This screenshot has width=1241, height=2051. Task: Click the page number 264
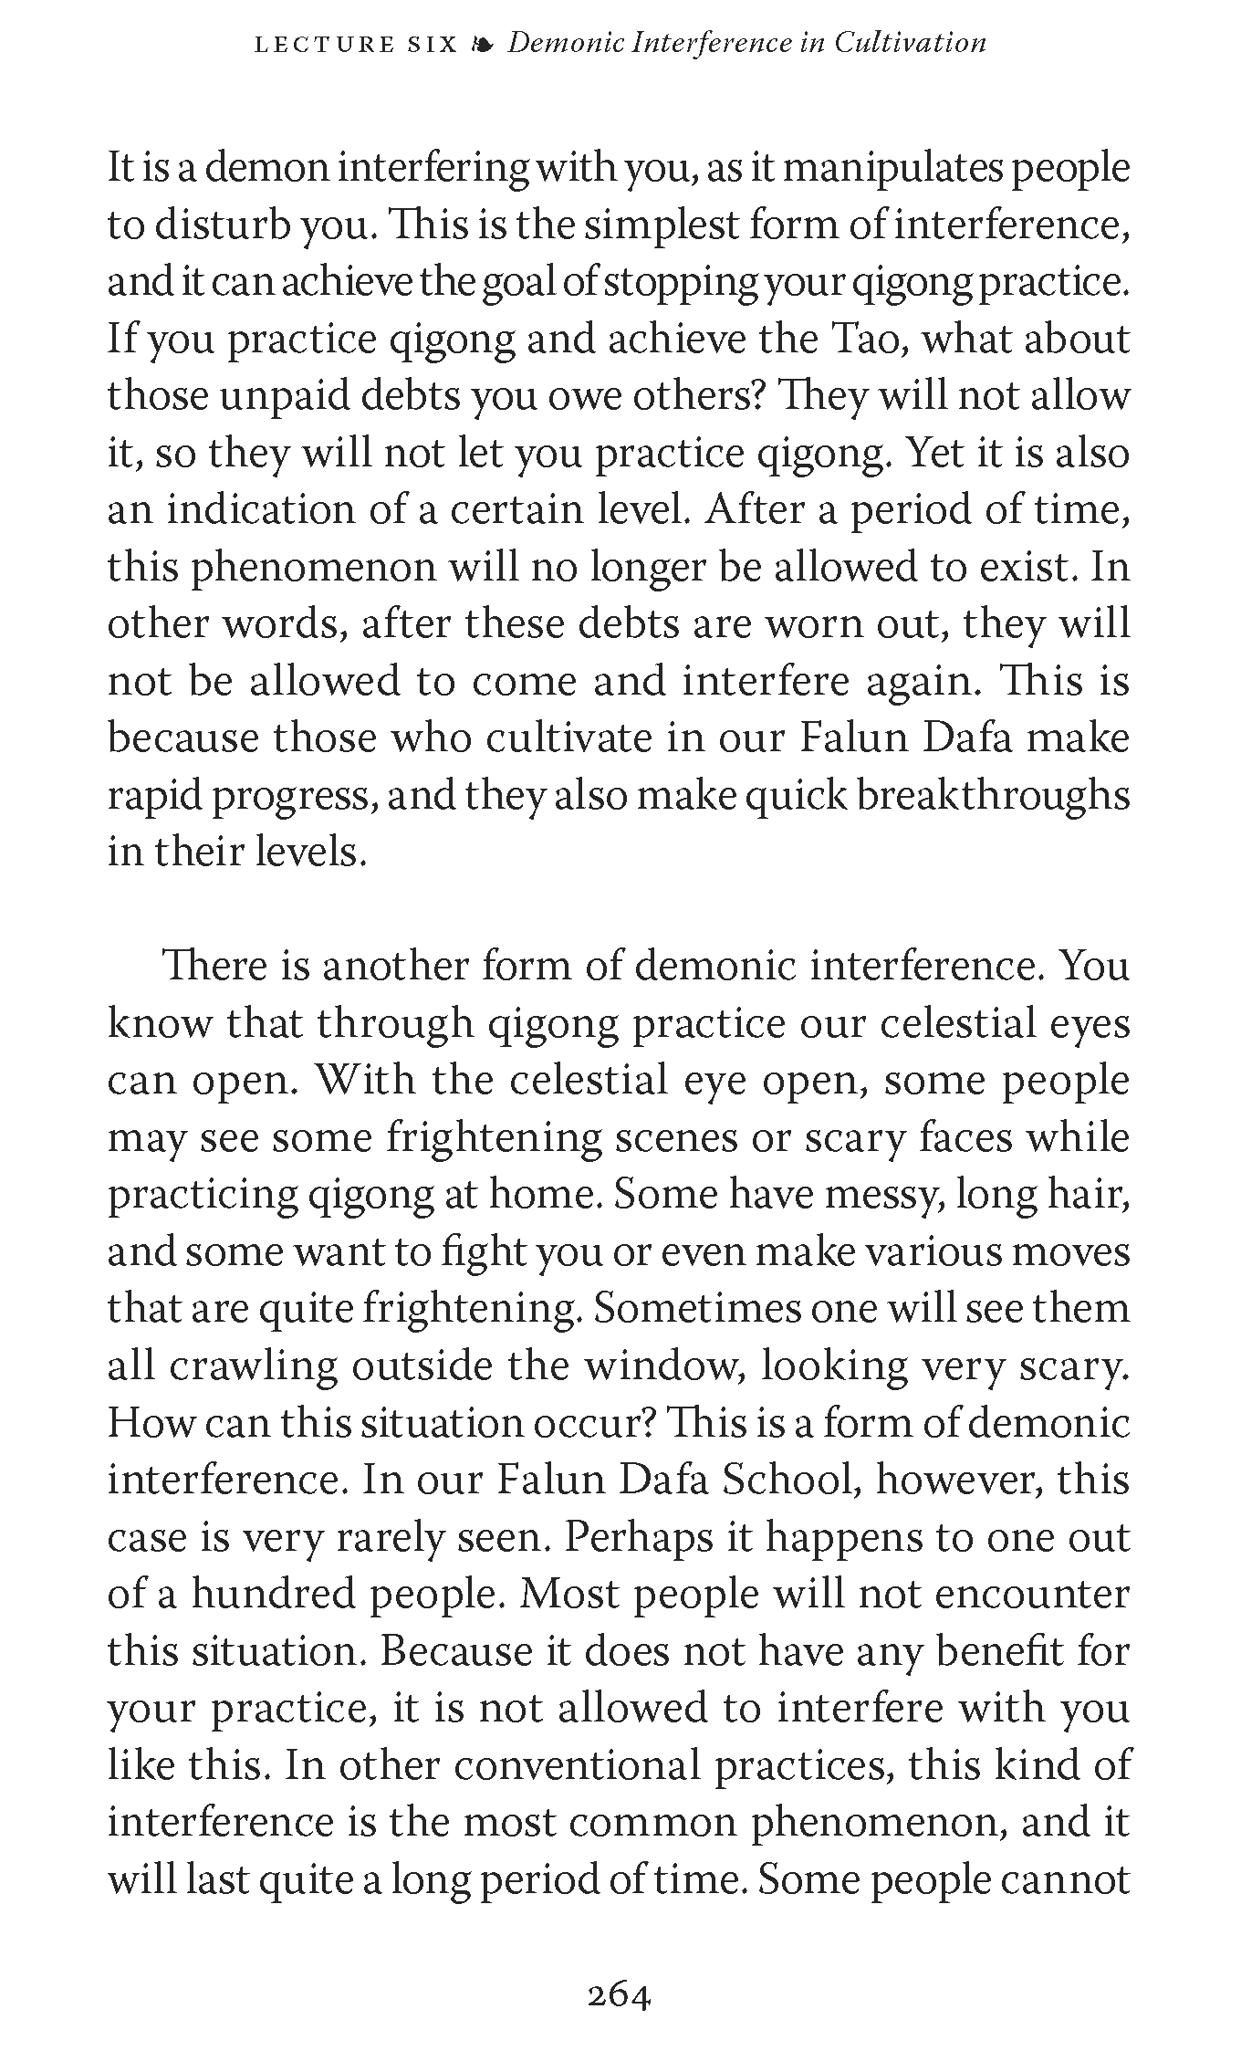click(620, 1996)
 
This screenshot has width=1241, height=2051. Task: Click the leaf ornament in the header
click(483, 43)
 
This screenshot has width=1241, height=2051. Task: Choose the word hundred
click(272, 1595)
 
